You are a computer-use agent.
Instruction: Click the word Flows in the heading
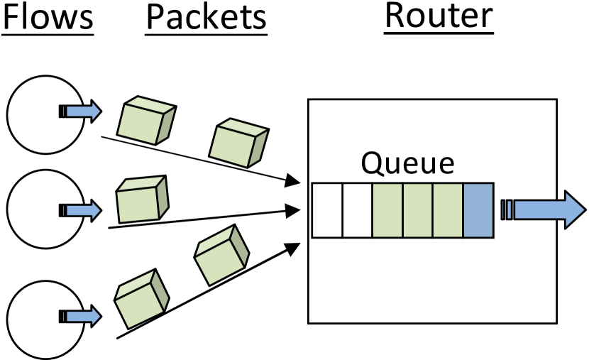(x=48, y=18)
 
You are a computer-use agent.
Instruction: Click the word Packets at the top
(x=207, y=18)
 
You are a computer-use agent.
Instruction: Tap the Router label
(x=438, y=17)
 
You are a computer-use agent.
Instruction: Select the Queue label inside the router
(x=407, y=163)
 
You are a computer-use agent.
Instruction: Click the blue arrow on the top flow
(x=81, y=111)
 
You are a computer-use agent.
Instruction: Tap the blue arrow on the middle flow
(x=81, y=210)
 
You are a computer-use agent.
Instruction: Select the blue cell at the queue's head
(x=478, y=210)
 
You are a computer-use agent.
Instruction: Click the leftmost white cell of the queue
(x=327, y=210)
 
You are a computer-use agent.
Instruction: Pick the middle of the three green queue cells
(x=417, y=210)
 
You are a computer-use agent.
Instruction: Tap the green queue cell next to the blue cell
(x=448, y=210)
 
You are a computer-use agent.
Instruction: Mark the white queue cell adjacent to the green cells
(x=357, y=210)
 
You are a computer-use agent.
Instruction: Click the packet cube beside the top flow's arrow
(x=145, y=121)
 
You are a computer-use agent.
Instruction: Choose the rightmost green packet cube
(x=238, y=142)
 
